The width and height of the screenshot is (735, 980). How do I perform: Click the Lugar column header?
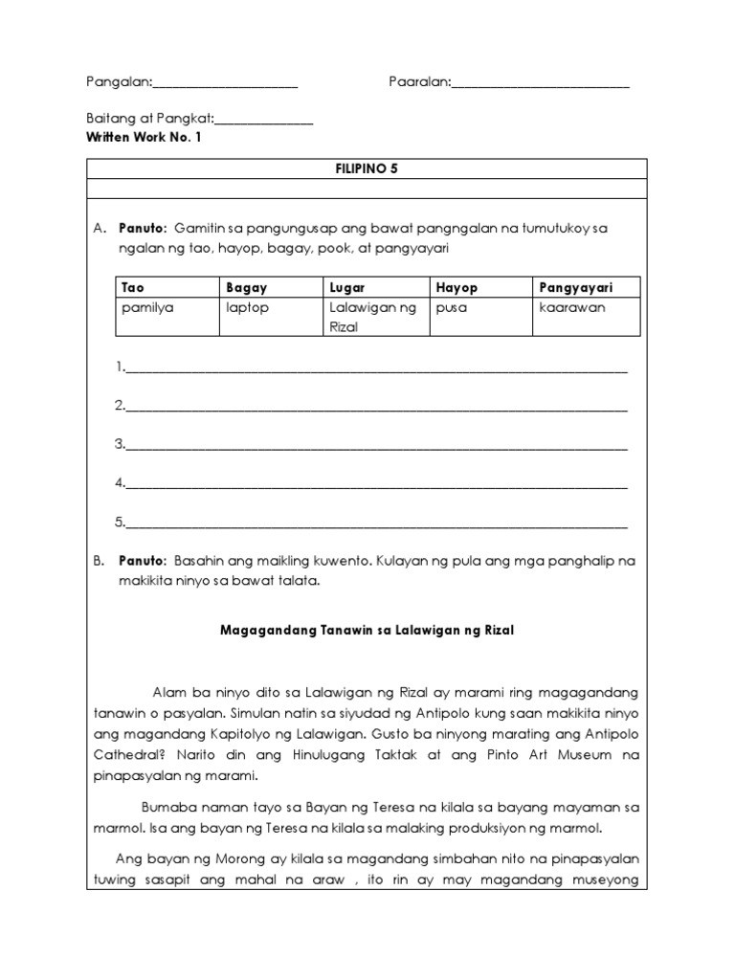[347, 287]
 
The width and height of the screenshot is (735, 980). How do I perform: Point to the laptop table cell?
[249, 307]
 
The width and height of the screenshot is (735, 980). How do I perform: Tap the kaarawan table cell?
[572, 307]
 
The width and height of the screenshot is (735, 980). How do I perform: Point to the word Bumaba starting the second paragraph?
[166, 806]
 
